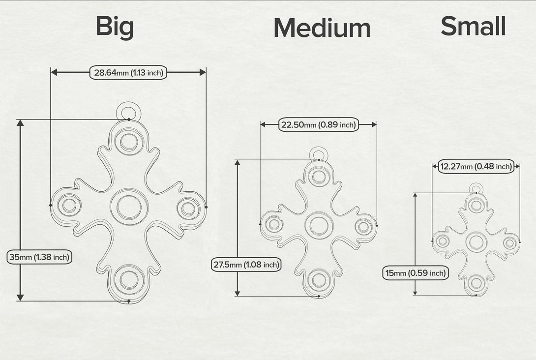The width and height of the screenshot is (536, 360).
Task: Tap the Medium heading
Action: (x=322, y=28)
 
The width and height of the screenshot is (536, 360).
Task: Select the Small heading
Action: (x=473, y=26)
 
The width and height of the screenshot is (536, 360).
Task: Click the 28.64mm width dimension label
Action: (x=128, y=72)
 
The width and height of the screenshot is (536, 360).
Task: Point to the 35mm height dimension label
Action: (x=39, y=257)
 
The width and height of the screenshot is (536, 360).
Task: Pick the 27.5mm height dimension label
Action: (x=246, y=265)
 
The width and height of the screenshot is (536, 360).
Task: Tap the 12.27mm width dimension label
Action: (x=476, y=167)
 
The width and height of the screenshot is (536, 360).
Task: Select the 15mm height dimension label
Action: (x=416, y=273)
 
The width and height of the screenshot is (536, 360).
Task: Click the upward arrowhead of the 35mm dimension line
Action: (x=20, y=123)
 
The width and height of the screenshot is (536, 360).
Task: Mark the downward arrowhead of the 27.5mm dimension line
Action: (x=238, y=293)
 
